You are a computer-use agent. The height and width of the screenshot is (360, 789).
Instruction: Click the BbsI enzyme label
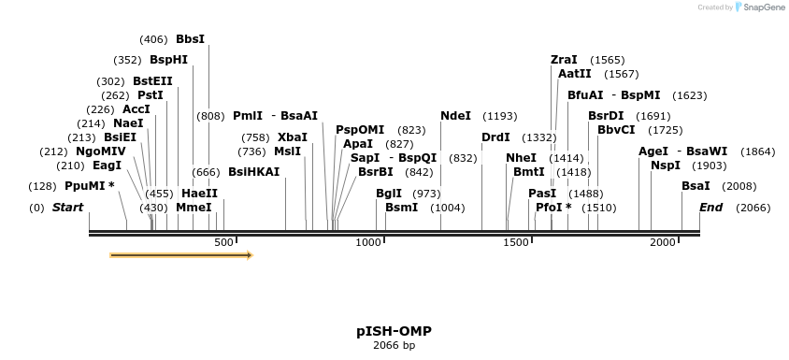pyautogui.click(x=190, y=39)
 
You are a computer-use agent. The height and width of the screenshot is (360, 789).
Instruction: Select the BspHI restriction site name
pyautogui.click(x=168, y=60)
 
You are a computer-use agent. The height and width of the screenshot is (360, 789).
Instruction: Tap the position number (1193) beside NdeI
pyautogui.click(x=499, y=116)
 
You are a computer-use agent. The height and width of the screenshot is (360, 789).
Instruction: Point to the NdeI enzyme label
pyautogui.click(x=455, y=116)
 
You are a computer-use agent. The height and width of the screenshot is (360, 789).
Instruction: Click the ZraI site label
pyautogui.click(x=564, y=60)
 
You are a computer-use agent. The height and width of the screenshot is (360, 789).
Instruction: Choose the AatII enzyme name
pyautogui.click(x=575, y=74)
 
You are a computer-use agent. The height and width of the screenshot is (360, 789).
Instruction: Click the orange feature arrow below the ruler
pyautogui.click(x=181, y=254)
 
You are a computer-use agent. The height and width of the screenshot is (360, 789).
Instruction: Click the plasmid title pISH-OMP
pyautogui.click(x=394, y=331)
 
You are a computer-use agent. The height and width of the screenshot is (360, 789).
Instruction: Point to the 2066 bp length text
pyautogui.click(x=394, y=346)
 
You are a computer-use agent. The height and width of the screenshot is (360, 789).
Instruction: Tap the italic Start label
pyautogui.click(x=67, y=208)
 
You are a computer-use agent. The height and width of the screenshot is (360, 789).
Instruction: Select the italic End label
pyautogui.click(x=710, y=208)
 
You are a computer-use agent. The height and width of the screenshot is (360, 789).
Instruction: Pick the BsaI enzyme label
pyautogui.click(x=696, y=186)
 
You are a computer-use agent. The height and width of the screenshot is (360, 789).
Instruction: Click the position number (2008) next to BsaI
pyautogui.click(x=739, y=186)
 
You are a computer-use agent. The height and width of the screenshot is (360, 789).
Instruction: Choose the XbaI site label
pyautogui.click(x=292, y=137)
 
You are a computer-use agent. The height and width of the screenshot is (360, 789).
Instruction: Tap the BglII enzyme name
pyautogui.click(x=389, y=194)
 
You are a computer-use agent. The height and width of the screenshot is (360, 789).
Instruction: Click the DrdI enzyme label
pyautogui.click(x=495, y=137)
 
